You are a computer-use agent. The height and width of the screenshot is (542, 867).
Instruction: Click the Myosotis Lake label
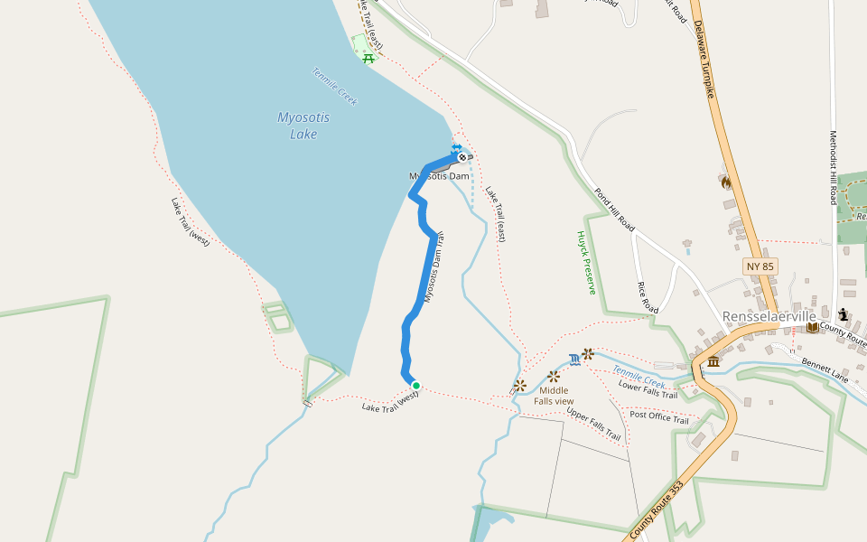(303, 126)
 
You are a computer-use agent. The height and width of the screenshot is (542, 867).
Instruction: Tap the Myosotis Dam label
(439, 176)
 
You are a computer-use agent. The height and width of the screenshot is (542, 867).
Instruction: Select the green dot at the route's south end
(416, 385)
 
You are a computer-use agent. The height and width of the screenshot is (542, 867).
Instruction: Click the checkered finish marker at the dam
(462, 157)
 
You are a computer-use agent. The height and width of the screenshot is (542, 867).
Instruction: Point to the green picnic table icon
(368, 59)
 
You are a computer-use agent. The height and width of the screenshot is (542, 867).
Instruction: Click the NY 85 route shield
(760, 266)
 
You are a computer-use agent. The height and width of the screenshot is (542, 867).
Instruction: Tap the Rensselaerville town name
(769, 316)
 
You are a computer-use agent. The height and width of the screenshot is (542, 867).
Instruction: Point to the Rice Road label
(648, 297)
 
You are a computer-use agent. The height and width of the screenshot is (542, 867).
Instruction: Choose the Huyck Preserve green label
(587, 262)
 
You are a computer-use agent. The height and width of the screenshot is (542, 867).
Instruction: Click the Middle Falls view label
(554, 396)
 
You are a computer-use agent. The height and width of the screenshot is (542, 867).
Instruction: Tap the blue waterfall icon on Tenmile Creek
(575, 359)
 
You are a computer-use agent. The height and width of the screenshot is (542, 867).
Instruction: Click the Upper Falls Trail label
(593, 425)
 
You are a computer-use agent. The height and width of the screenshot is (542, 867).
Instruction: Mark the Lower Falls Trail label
(648, 389)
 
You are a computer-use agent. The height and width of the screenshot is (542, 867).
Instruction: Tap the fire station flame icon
(723, 182)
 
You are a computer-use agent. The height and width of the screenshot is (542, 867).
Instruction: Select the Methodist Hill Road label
(834, 167)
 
